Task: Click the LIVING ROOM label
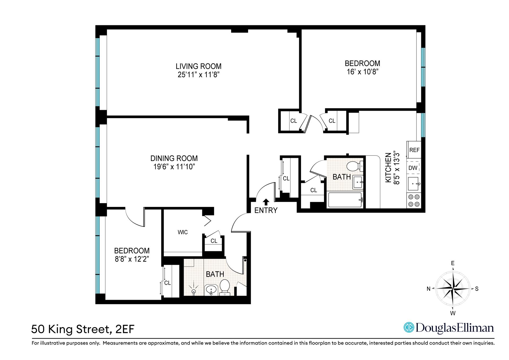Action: pos(198,66)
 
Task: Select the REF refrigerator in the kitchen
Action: pos(414,150)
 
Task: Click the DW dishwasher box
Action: pos(413,168)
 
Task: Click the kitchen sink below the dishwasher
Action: pos(413,184)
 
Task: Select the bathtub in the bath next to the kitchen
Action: pos(345,200)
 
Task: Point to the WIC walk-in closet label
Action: pos(183,232)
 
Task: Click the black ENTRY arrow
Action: pos(266,202)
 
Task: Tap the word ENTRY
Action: pos(266,210)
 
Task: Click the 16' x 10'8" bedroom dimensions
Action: pos(362,72)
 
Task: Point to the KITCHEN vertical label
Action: pos(388,168)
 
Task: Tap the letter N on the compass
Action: pos(428,289)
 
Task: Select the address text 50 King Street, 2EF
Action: pos(83,329)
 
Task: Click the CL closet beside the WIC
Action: pos(214,241)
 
